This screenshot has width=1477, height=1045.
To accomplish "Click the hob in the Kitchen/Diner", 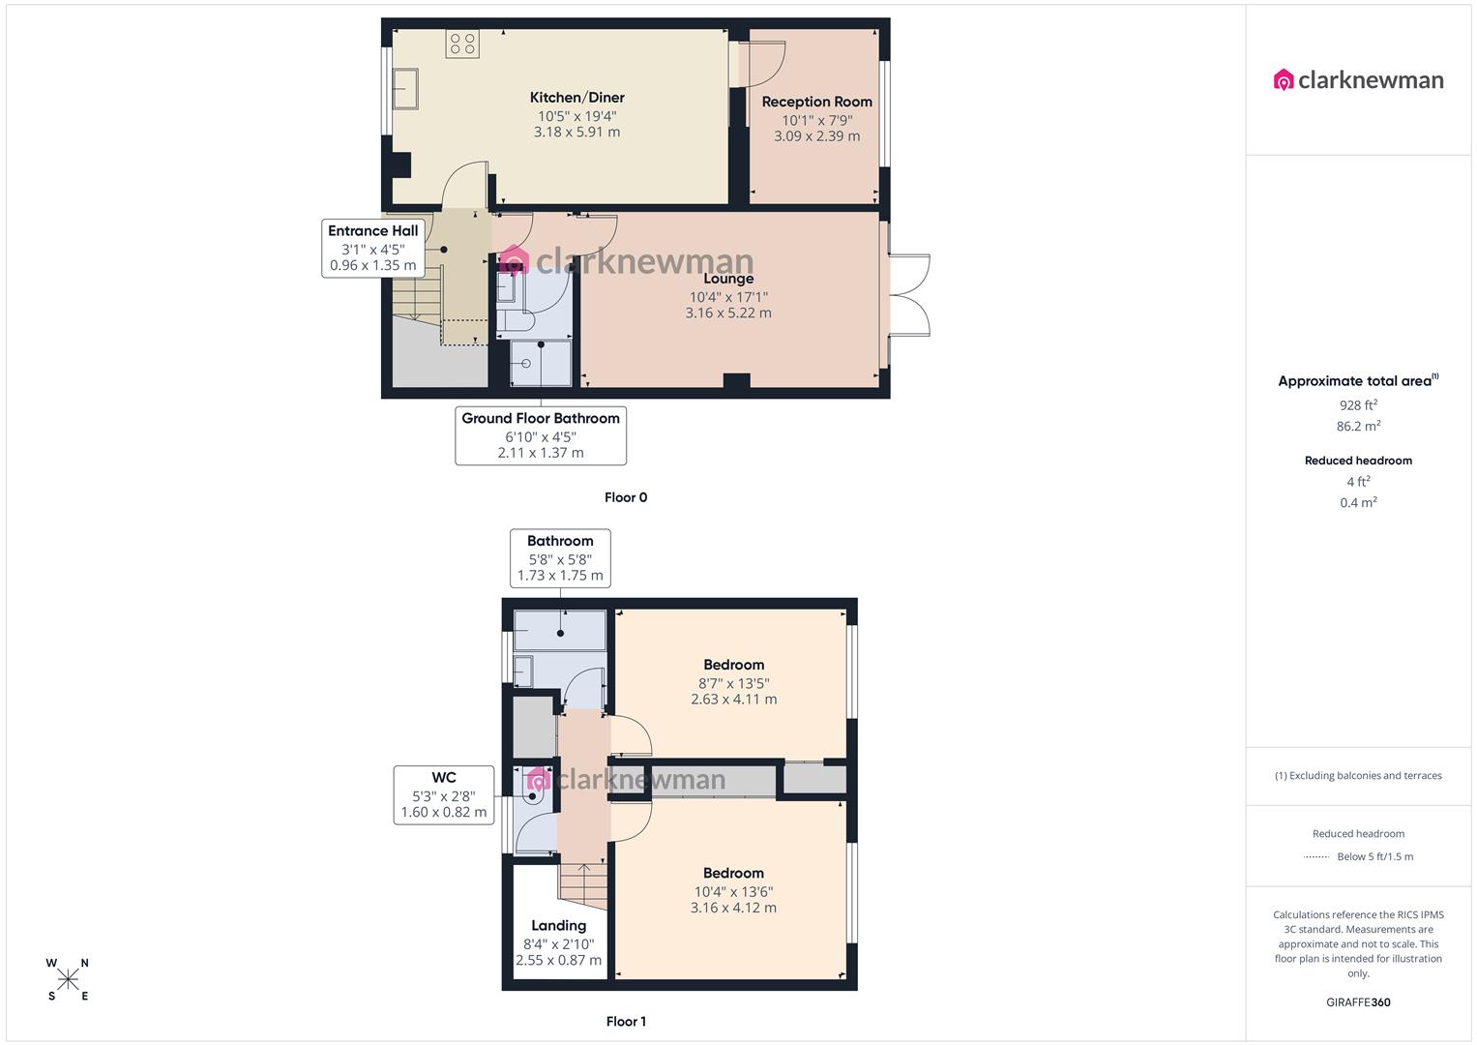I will click(462, 44).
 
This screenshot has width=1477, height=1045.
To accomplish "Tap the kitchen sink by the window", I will click(405, 89).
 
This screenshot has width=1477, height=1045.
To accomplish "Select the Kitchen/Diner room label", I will click(576, 98).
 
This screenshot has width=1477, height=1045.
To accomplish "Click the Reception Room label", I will click(816, 102).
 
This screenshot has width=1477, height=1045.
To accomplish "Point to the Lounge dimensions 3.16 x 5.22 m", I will click(728, 313).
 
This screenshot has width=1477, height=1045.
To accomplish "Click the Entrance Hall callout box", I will click(373, 248).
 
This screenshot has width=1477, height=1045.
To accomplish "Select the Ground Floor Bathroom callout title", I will click(541, 418).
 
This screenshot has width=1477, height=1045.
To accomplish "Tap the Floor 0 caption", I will click(626, 497).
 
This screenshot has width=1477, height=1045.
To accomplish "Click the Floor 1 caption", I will click(626, 1021).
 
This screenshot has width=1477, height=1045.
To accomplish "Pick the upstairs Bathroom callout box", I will click(560, 557).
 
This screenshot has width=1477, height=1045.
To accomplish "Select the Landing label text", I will click(558, 926).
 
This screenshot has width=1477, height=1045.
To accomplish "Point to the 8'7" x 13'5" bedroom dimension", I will click(733, 683).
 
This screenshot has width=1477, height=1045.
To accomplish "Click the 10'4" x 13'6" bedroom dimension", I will click(733, 892).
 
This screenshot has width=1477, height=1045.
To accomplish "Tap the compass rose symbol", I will click(68, 979).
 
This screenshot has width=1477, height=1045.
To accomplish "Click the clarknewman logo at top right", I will click(1358, 80).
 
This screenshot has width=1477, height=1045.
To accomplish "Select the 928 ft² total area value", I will click(1358, 406).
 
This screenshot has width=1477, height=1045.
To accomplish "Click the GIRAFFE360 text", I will click(1358, 1002).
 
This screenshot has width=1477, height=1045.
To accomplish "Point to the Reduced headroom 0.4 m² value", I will click(1358, 503).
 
